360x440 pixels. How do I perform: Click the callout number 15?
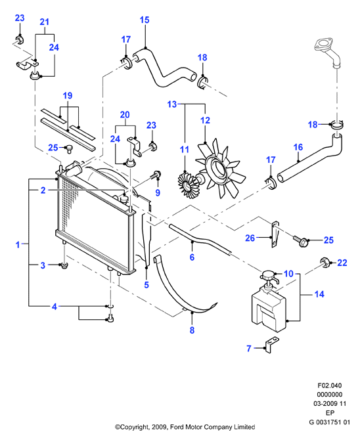click(145, 20)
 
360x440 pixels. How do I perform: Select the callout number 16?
click(298, 147)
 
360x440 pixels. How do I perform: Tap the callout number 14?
click(319, 294)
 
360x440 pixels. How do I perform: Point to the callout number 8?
click(192, 330)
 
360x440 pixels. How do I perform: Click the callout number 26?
click(250, 238)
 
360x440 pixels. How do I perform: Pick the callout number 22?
click(342, 263)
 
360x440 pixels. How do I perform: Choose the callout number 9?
click(158, 192)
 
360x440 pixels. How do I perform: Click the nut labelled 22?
click(325, 263)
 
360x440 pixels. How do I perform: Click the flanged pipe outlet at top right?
click(328, 53)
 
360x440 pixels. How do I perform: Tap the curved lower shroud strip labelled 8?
click(183, 289)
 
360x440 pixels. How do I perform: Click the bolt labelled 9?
click(155, 175)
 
